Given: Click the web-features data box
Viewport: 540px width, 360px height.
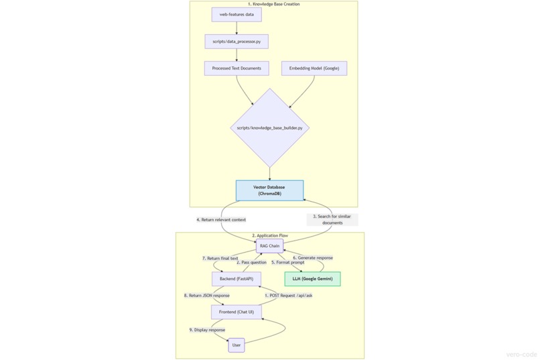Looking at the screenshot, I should coord(237,14).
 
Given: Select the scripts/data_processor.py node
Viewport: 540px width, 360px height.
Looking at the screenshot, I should coord(237,42).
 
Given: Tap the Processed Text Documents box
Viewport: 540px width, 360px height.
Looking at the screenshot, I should coord(237,68).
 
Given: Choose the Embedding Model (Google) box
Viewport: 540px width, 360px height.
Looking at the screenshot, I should coord(314,68).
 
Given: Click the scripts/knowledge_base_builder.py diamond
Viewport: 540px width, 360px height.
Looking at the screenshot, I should coord(270,127).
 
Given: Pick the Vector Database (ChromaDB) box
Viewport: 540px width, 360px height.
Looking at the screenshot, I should coord(269,190).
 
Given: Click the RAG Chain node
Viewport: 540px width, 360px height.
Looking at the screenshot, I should coord(269,246).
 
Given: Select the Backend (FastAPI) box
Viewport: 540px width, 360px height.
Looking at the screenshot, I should coord(237,279).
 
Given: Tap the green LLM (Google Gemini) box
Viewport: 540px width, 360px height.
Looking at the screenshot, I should coord(312,279).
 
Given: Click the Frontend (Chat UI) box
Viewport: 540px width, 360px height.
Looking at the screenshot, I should coord(237,312).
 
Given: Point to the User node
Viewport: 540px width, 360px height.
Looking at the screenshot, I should coord(237,345).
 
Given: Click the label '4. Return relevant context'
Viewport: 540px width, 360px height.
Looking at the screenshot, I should coord(221,220).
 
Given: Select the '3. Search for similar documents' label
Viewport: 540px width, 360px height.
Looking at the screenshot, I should coord(332,220).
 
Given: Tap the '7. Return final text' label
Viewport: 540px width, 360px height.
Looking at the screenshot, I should coord(220,258).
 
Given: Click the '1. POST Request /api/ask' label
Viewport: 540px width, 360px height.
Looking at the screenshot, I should coord(288,296).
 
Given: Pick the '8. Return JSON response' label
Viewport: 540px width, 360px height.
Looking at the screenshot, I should coord(207,296).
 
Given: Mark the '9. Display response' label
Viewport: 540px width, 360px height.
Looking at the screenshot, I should coord(207,330).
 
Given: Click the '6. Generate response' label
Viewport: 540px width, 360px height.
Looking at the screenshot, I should coord(312,258).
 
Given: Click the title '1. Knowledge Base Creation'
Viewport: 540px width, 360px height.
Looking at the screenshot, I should coord(273,5).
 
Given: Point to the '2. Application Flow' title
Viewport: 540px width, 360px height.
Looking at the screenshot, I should coord(270,236).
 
